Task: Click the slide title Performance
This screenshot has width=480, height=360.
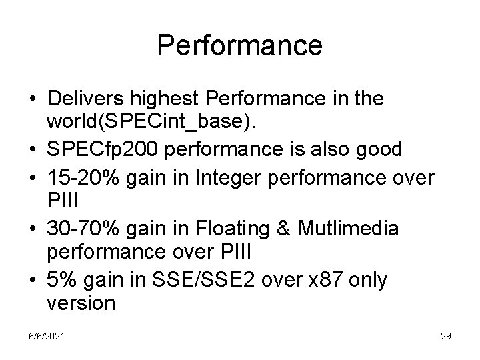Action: coord(240,45)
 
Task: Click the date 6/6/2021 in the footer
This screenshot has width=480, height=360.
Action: coord(47,337)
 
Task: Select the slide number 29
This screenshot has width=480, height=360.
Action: coord(446,337)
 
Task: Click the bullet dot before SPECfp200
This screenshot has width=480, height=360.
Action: coord(32,150)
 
